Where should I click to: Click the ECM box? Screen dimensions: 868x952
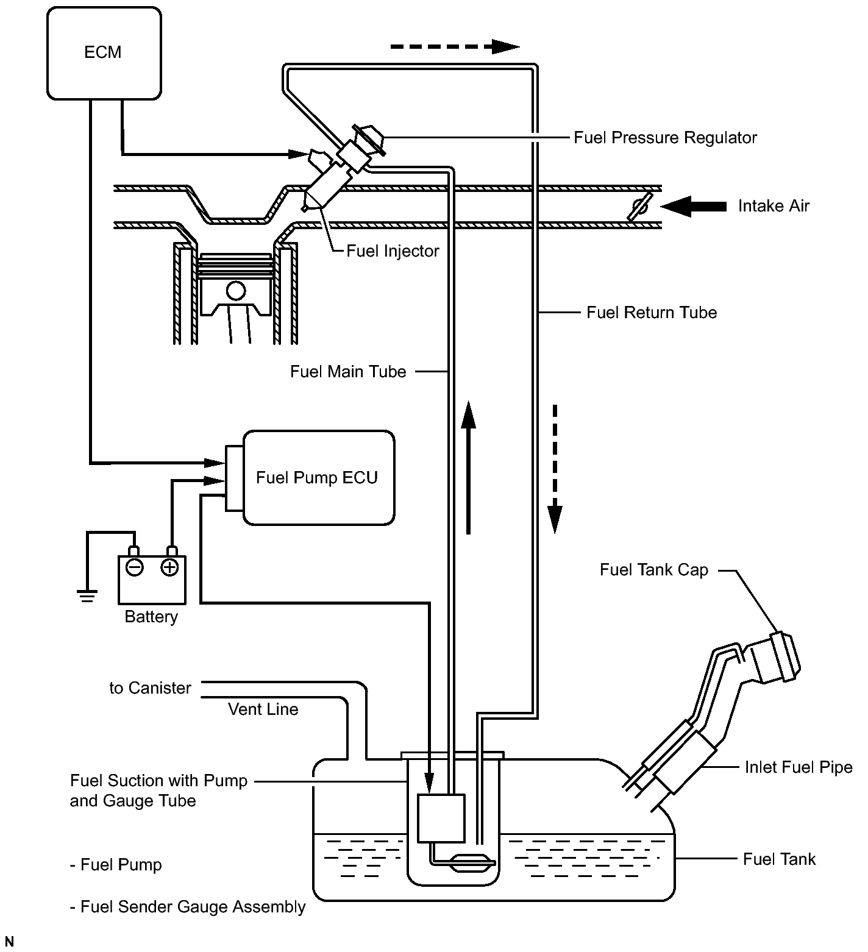pos(104,52)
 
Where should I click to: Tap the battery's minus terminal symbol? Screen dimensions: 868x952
pos(134,567)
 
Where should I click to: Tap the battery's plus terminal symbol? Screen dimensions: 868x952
pos(169,567)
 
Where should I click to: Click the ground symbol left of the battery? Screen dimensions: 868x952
pos(88,595)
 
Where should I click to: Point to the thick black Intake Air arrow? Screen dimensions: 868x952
pos(694,206)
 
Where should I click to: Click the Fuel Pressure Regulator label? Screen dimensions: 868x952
pos(665,138)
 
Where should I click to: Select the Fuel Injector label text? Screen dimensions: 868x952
pos(393,250)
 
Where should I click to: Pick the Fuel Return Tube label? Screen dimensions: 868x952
pos(652,313)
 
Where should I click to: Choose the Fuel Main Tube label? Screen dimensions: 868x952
pos(348,372)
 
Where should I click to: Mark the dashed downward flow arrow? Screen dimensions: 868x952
pos(555,468)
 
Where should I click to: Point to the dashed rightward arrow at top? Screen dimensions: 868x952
pos(455,46)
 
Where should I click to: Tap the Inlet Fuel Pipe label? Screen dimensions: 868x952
pos(799,767)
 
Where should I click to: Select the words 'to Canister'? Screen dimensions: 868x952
pos(150,688)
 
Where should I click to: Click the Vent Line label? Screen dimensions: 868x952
pos(263,709)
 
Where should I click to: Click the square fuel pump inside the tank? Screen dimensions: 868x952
pos(441,818)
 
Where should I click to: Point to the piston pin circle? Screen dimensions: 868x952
pos(235,290)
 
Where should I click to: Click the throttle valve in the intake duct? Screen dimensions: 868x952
pos(640,207)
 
